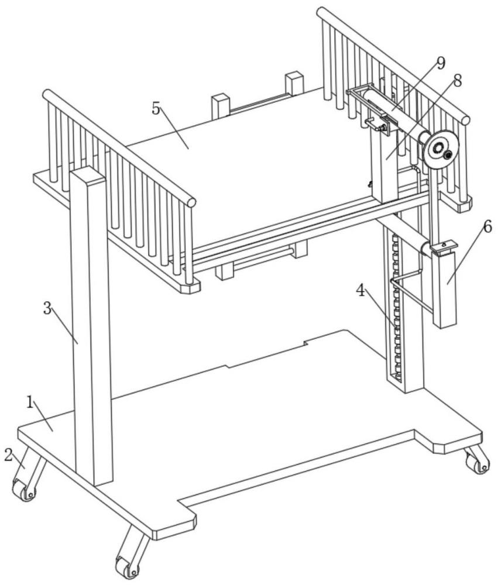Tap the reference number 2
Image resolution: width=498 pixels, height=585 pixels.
[x=8, y=455]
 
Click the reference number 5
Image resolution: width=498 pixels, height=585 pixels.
[x=156, y=109]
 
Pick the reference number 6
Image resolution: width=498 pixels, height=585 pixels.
[x=487, y=227]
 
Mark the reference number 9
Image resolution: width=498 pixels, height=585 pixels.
[x=441, y=61]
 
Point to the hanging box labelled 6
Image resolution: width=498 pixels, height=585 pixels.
[x=445, y=287]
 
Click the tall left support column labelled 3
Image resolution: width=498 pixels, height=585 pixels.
[x=91, y=328]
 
